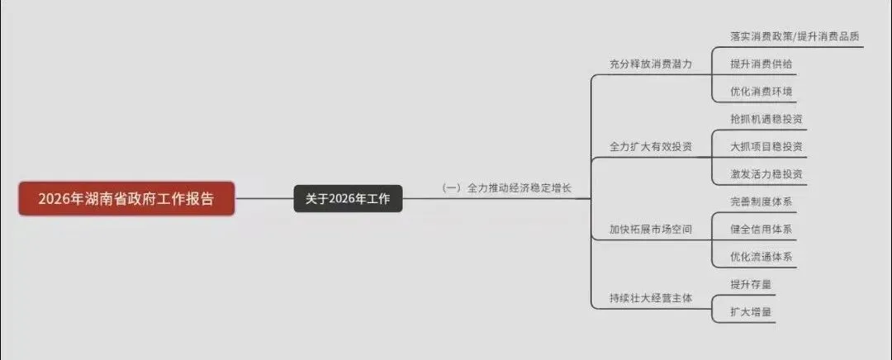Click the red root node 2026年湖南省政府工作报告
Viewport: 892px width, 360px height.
[126, 199]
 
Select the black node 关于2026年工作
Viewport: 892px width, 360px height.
[348, 199]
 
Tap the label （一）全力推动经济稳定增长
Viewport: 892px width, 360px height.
[505, 188]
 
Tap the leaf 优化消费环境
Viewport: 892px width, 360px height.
[754, 91]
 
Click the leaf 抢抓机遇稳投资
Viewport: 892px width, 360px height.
[766, 119]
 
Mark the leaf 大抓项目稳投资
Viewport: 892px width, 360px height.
[766, 146]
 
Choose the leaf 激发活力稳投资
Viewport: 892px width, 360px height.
[766, 174]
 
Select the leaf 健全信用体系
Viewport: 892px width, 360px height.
[761, 229]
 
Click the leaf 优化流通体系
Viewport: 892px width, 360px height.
[761, 257]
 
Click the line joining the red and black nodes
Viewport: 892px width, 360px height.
[264, 199]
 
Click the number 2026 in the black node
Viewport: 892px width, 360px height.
[341, 199]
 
